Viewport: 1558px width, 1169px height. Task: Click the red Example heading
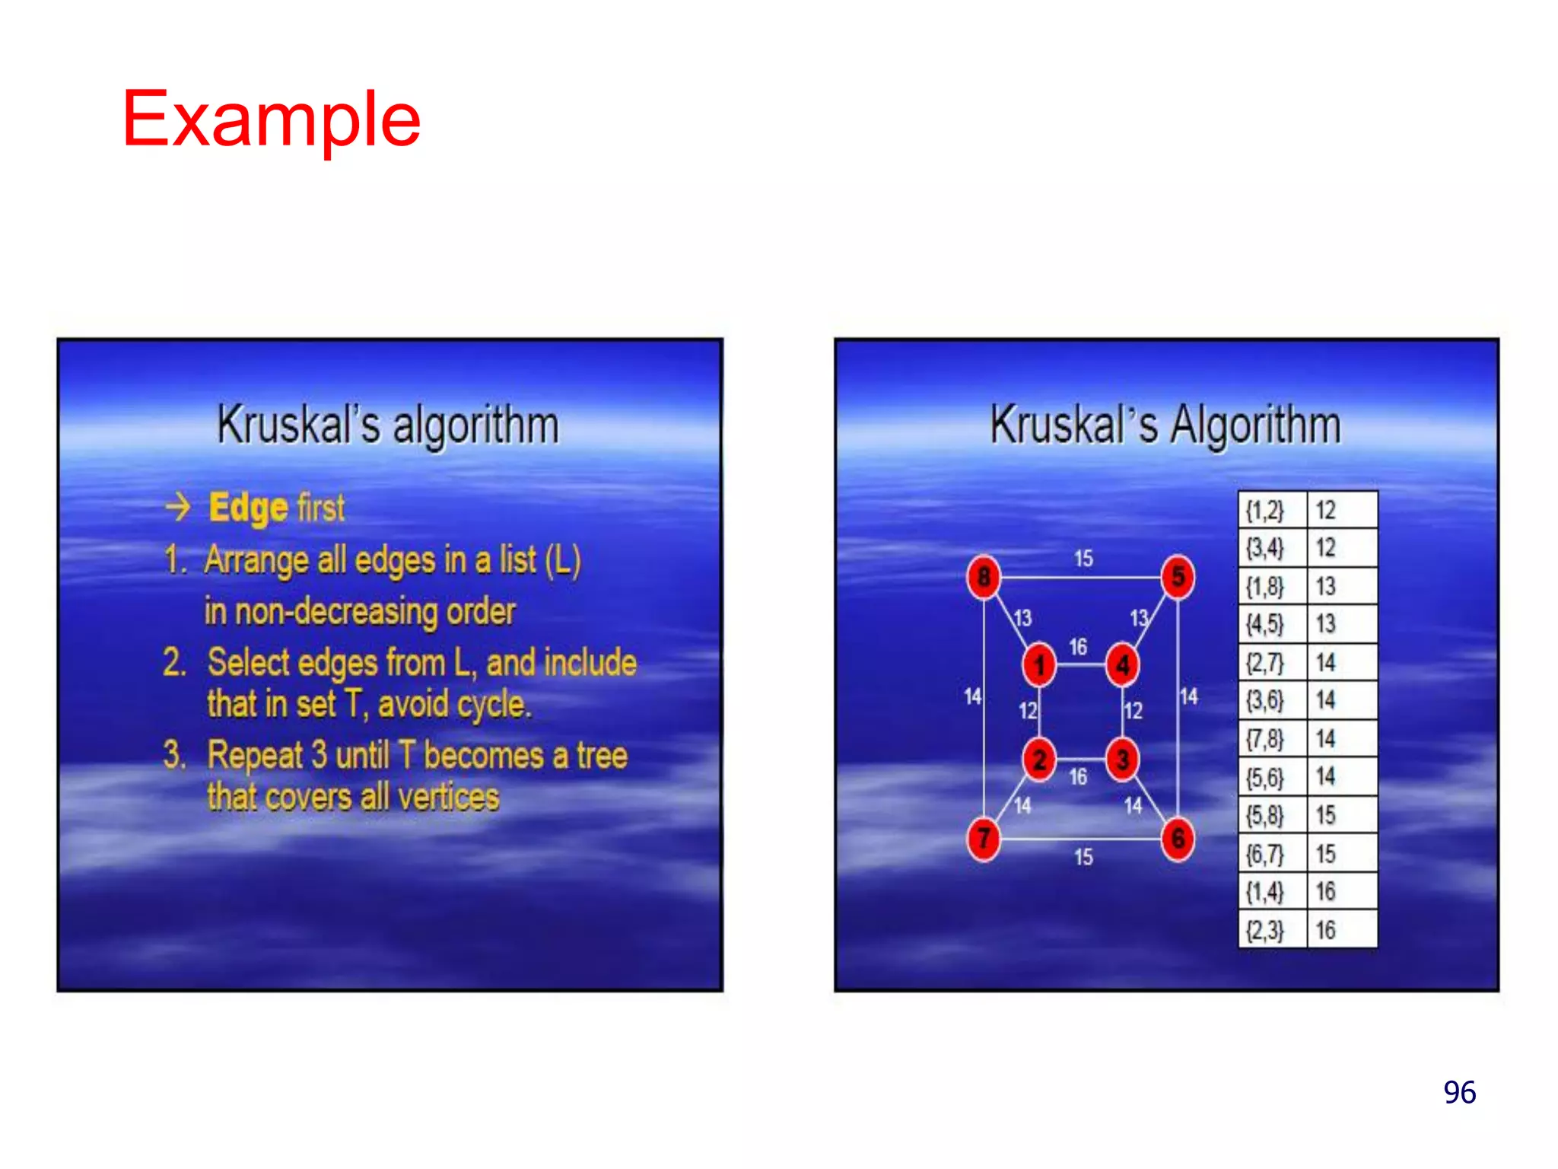[x=271, y=119]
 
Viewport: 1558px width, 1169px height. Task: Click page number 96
[x=1459, y=1092]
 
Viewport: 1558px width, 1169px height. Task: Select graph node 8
[x=984, y=577]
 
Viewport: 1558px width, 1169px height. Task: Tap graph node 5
[x=1178, y=577]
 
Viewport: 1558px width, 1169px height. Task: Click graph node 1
[x=1039, y=665]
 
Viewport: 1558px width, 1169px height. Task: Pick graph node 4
[x=1122, y=665]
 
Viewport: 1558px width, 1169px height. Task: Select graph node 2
[x=1039, y=759]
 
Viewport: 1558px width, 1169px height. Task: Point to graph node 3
[x=1122, y=759]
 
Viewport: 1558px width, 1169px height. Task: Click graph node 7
[x=984, y=839]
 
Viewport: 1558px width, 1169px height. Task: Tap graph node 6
[x=1178, y=839]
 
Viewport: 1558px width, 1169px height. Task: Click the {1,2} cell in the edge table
[x=1264, y=510]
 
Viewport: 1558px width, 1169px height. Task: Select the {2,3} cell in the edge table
[x=1264, y=930]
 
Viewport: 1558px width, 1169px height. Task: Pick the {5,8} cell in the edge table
[x=1264, y=815]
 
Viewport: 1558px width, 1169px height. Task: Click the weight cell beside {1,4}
[x=1340, y=891]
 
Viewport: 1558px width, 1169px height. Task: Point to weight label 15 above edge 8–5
[x=1083, y=559]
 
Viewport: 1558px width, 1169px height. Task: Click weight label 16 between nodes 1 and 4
[x=1078, y=647]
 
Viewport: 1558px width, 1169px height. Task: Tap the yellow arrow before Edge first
[x=178, y=507]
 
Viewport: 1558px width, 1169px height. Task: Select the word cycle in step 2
[x=491, y=705]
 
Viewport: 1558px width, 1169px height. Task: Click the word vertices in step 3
[x=449, y=798]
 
